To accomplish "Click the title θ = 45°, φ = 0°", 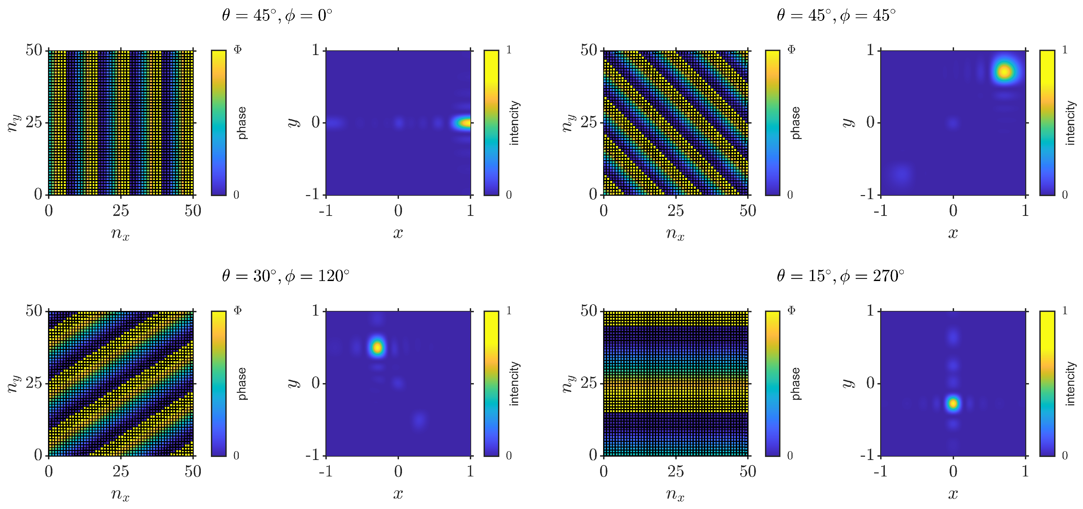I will [277, 15].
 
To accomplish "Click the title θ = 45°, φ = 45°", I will [836, 15].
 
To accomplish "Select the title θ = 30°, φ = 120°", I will [285, 276].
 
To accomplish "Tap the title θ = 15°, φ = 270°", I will [840, 276].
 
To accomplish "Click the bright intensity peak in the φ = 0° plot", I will [464, 123].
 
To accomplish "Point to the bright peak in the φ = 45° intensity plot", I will [1004, 72].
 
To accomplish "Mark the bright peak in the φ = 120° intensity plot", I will [377, 347].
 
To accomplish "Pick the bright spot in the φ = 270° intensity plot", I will [953, 404].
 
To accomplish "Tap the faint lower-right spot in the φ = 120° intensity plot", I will [419, 419].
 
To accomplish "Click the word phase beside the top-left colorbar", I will [242, 123].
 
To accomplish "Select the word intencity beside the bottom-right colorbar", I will [1070, 383].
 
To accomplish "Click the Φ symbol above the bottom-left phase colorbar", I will [237, 311].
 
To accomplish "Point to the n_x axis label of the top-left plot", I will [120, 234].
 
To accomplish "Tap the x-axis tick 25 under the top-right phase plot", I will [675, 211].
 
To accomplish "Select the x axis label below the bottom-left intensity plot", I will [398, 494].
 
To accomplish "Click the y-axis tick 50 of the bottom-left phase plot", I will [34, 311].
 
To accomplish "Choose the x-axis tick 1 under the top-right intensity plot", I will [1025, 211].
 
